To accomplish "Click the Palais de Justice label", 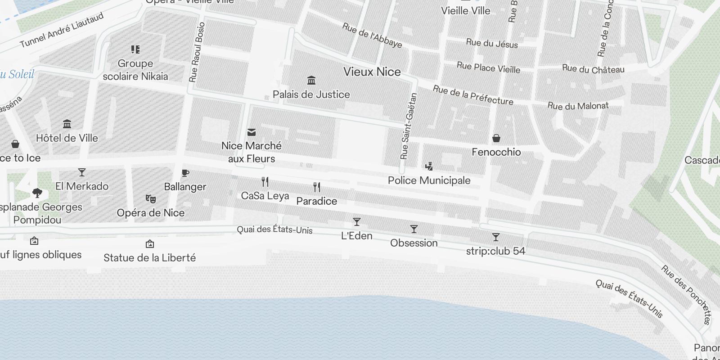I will tap(311, 94).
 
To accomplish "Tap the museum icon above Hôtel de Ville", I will tap(67, 124).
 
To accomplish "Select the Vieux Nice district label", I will tap(372, 72).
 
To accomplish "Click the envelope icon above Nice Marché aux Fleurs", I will tap(252, 132).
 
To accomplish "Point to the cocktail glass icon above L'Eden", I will tap(357, 222).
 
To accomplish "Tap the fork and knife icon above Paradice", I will tap(317, 187).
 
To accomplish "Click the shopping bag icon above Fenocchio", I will tap(496, 138).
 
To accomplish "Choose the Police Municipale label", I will tap(429, 180).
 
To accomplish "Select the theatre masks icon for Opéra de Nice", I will tap(151, 199).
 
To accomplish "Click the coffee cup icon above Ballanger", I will tap(185, 173).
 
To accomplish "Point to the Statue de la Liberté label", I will tap(149, 258).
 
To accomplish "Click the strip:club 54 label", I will tap(495, 251).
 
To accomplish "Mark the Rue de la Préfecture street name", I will tap(472, 95).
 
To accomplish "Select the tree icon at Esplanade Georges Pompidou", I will tap(37, 193).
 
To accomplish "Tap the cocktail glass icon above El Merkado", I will tap(81, 172).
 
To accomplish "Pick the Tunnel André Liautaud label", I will tap(62, 30).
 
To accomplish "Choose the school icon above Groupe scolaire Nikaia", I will tap(135, 49).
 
